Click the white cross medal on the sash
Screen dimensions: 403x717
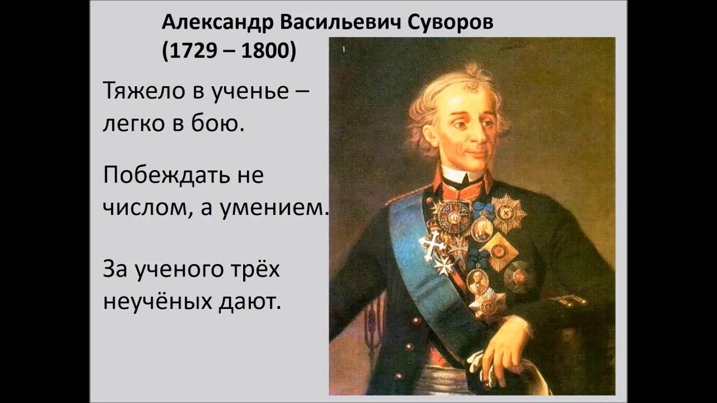coord(432,245)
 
